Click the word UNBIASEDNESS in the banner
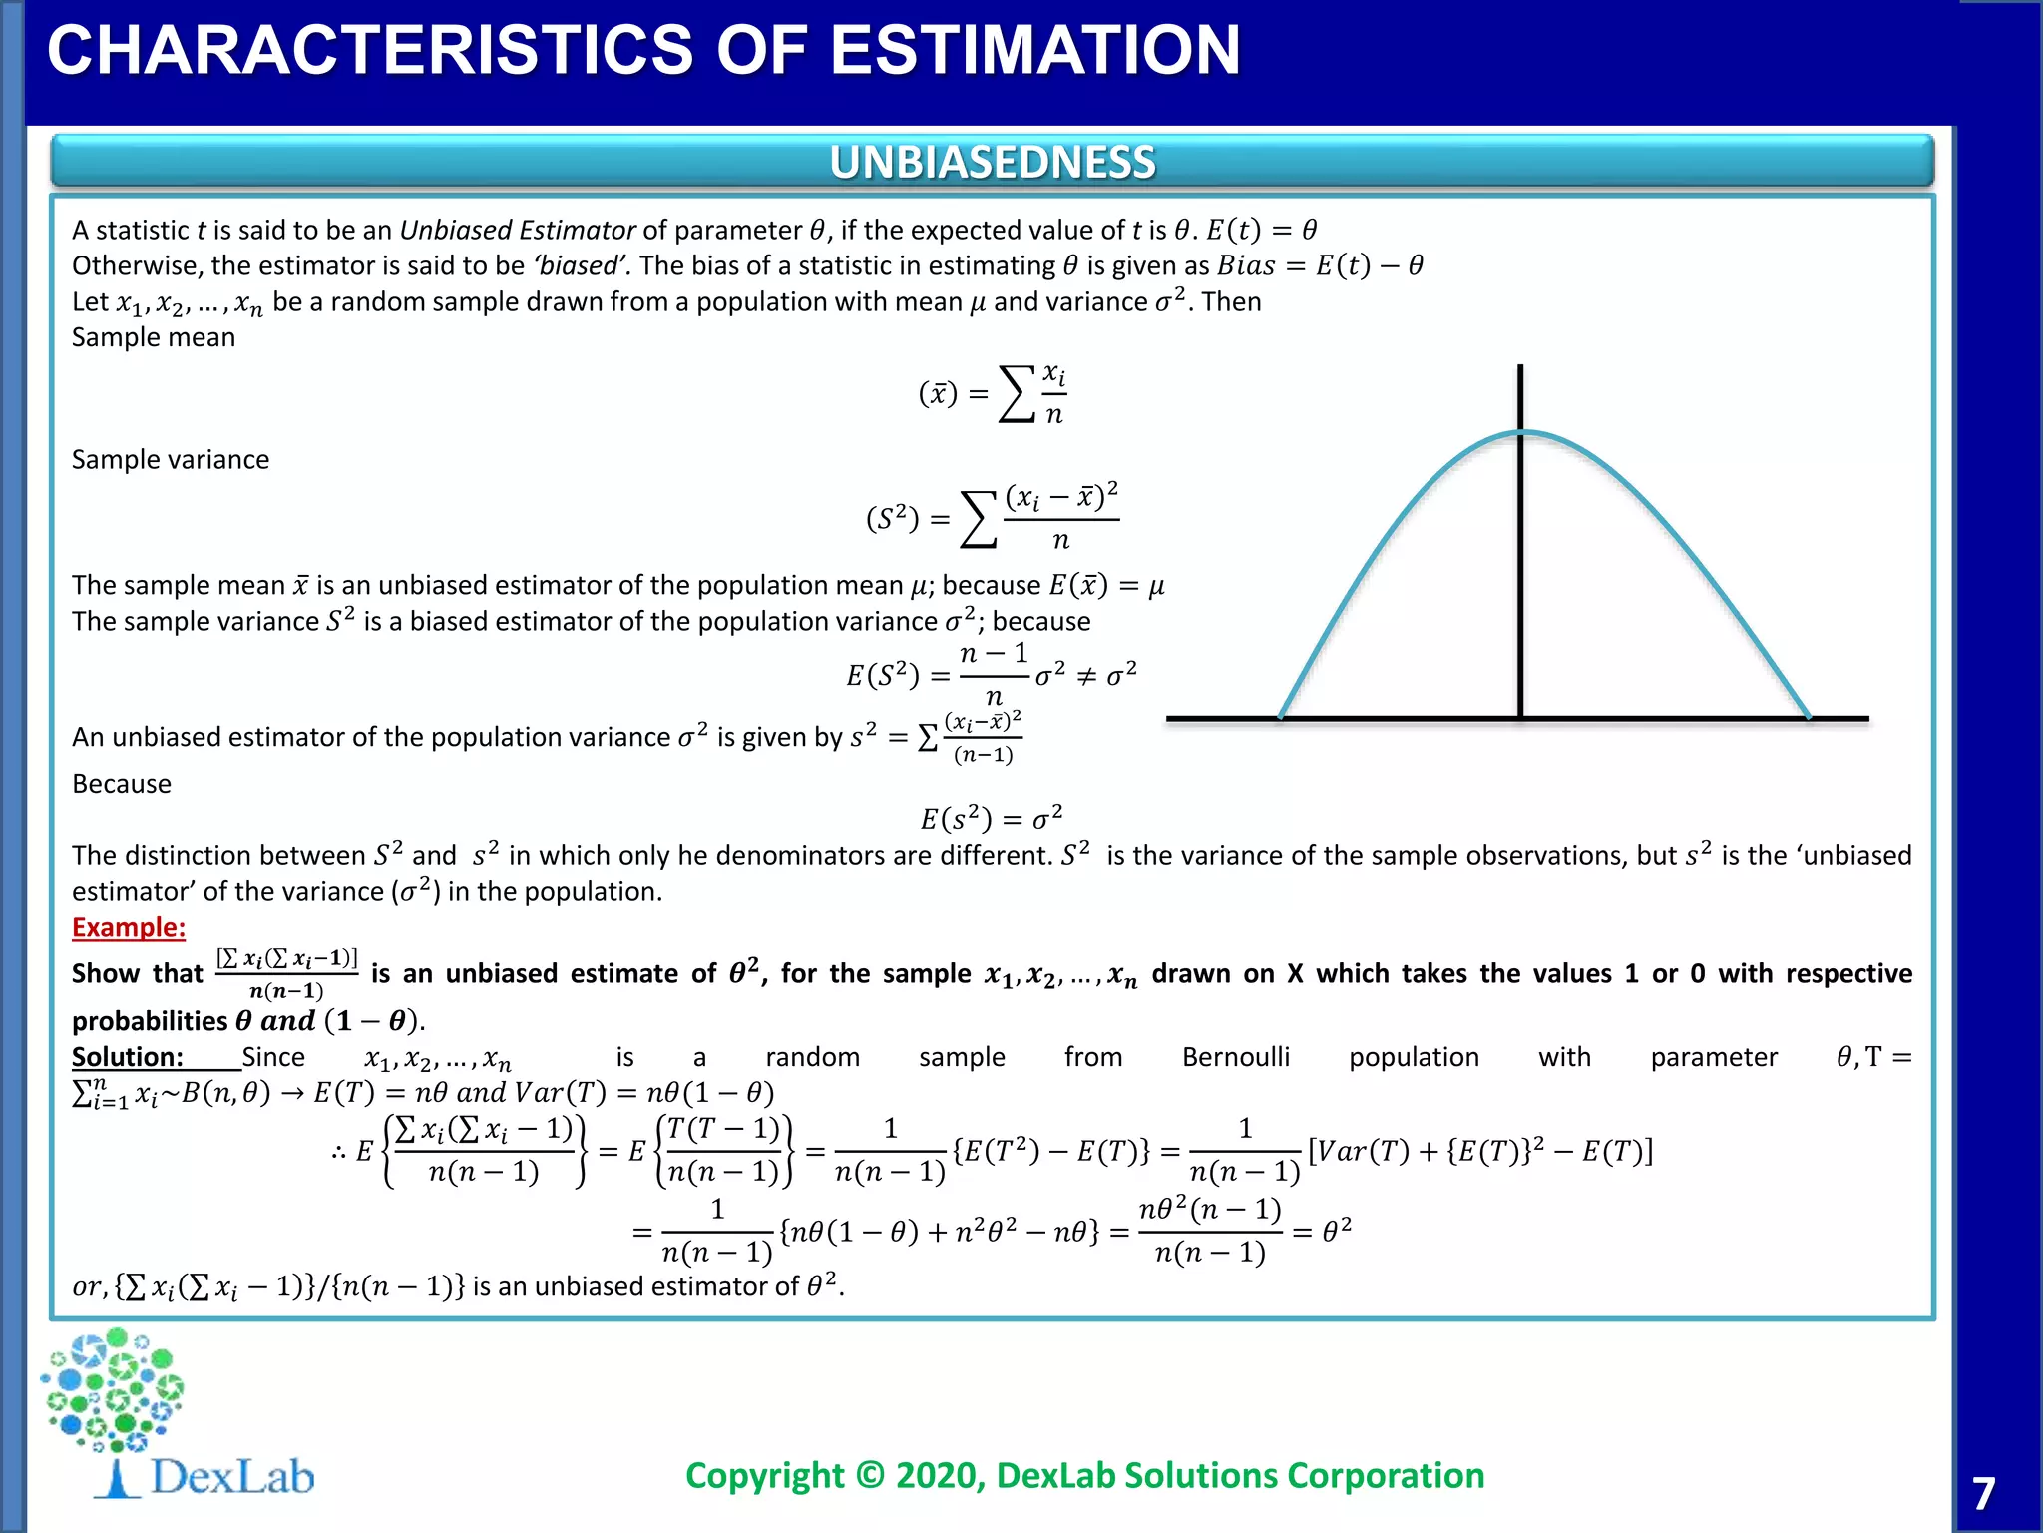[x=993, y=162]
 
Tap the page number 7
[x=1983, y=1494]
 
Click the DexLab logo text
[x=232, y=1477]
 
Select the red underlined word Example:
[x=129, y=927]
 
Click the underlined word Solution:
[x=128, y=1056]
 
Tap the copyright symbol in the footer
[x=870, y=1475]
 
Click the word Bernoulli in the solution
[x=1235, y=1056]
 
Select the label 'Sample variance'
[x=171, y=459]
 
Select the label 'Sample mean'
[x=154, y=337]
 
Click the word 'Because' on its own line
[x=122, y=784]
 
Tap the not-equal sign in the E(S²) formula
[x=1086, y=676]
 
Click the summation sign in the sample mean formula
[x=1017, y=394]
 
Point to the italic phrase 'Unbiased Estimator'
[x=518, y=230]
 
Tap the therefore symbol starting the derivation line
[x=338, y=1153]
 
